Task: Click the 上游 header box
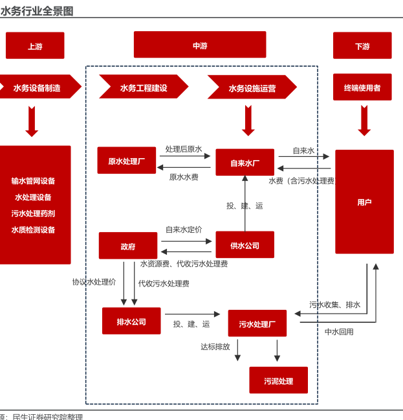[35, 46]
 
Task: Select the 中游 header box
[200, 45]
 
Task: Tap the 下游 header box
[362, 46]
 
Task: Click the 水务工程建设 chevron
[144, 87]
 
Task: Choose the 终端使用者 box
[362, 87]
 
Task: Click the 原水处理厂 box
[127, 161]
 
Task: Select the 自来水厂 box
[245, 163]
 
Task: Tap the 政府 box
[128, 246]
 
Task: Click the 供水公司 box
[245, 245]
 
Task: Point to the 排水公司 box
[131, 321]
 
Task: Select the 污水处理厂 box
[257, 323]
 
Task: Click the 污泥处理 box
[279, 380]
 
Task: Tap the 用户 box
[364, 202]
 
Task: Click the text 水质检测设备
[33, 230]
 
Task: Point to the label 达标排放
[215, 347]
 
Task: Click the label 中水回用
[339, 332]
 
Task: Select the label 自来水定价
[184, 229]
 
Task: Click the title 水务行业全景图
[37, 11]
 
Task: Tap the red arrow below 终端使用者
[364, 121]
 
